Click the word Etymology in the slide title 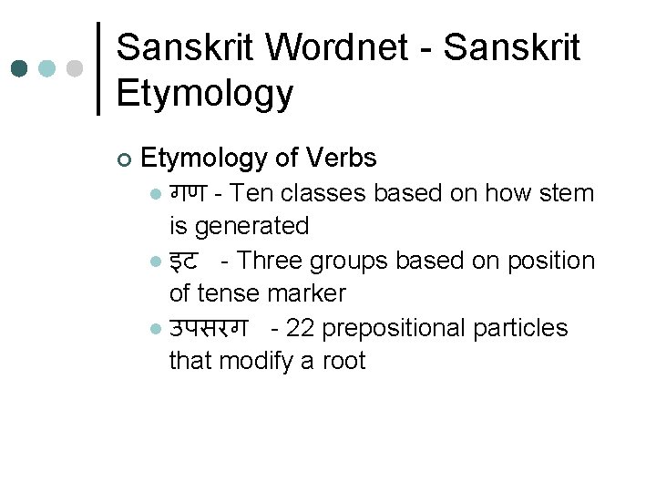tap(205, 93)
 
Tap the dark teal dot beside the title tap(20, 68)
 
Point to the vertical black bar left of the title tap(98, 68)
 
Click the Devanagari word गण tap(190, 193)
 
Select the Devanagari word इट tap(184, 261)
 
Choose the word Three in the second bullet tap(270, 261)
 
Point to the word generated tap(252, 226)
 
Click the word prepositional tap(394, 328)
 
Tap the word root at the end tap(344, 361)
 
